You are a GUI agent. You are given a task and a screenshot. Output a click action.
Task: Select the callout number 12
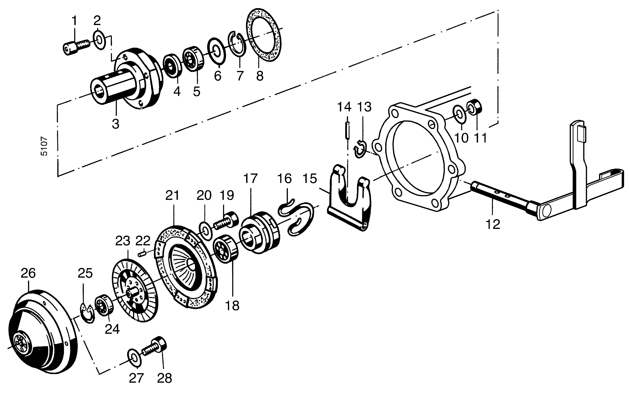[x=493, y=224]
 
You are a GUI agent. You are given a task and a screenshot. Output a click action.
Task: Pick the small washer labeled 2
[x=99, y=40]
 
